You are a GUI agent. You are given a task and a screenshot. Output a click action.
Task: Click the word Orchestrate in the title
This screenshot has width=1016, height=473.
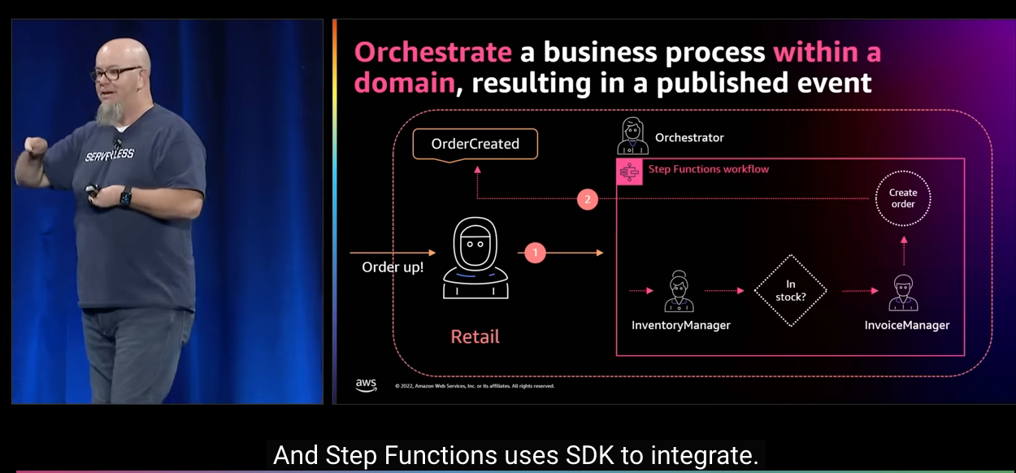point(433,53)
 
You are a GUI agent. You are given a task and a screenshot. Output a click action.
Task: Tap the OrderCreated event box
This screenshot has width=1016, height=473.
point(475,144)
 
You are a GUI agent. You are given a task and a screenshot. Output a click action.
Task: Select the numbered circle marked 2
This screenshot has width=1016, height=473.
point(588,200)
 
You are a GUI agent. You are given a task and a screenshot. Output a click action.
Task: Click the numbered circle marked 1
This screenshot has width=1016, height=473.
point(535,253)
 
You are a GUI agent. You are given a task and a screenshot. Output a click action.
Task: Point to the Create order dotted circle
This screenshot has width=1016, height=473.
point(903,171)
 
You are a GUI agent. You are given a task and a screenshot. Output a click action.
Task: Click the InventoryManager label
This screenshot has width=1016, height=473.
point(681,325)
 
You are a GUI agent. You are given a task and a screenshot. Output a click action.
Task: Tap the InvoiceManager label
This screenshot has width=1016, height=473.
point(907,325)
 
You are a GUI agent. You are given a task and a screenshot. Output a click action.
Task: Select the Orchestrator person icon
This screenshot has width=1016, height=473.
point(632,136)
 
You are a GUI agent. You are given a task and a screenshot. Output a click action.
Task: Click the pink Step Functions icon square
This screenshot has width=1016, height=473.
point(629,172)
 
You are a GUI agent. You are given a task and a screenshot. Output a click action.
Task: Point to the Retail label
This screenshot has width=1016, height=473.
point(475,336)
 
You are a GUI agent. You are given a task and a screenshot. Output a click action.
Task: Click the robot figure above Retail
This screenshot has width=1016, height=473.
point(475,258)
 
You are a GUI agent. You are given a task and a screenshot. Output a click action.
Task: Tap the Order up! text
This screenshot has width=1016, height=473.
point(393,267)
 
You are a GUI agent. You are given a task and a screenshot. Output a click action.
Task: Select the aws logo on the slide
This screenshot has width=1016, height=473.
point(366,385)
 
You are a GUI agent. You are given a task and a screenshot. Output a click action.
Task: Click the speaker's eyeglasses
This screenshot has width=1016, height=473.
point(115,73)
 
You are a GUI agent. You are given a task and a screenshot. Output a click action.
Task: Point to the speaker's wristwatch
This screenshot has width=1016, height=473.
point(125,197)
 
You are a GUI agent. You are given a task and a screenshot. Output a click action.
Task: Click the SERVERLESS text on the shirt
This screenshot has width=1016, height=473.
point(109,154)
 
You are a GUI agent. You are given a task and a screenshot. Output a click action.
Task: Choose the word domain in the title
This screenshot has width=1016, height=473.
point(405,83)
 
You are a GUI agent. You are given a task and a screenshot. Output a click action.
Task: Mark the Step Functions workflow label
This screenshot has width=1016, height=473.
point(709,169)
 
